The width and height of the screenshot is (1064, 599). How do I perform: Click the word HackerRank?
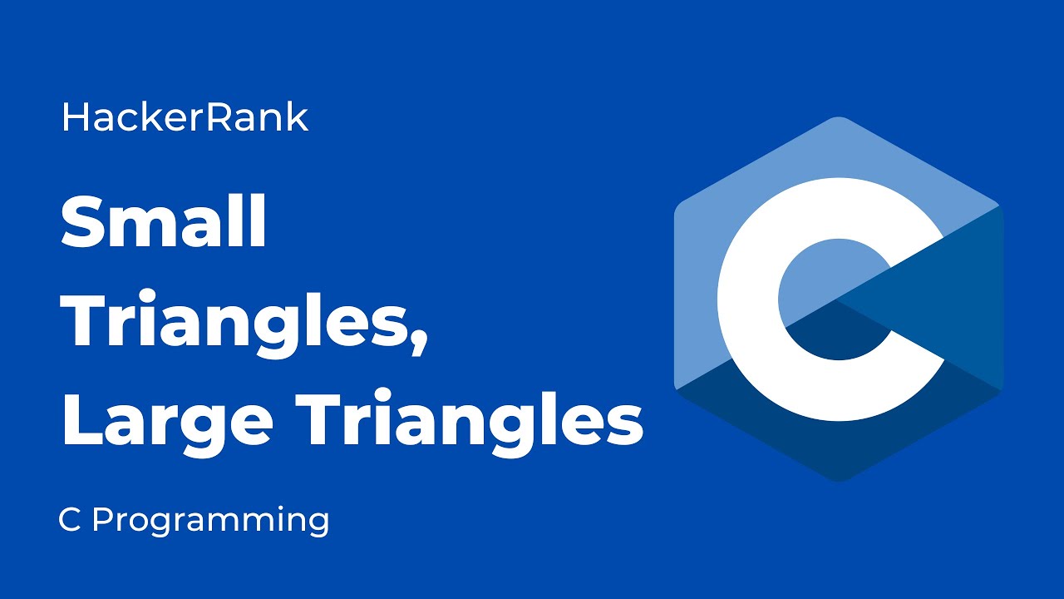coord(185,118)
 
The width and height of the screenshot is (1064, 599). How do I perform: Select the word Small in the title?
coord(164,222)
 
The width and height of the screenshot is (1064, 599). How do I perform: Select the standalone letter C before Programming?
coord(69,520)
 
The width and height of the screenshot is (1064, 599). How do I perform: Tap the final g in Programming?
coord(318,524)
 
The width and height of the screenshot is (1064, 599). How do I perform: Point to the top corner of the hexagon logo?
coord(838,118)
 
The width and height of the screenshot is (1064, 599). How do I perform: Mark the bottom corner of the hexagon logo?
coord(838,480)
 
